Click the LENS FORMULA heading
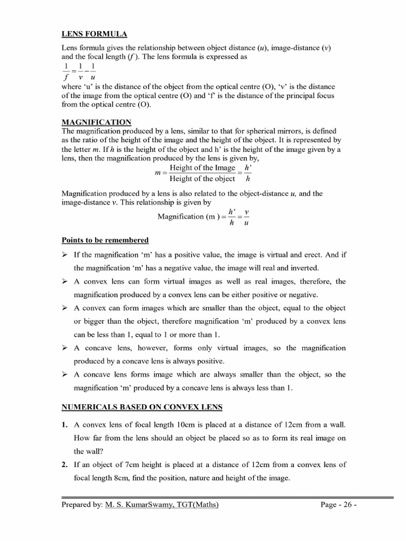(x=95, y=34)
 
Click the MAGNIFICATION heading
(x=97, y=122)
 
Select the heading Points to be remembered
(x=105, y=240)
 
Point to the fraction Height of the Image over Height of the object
(x=202, y=173)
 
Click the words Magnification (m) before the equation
(x=188, y=216)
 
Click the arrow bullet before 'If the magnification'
(x=65, y=255)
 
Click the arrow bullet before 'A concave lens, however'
(x=65, y=348)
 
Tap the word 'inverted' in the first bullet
(x=303, y=268)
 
